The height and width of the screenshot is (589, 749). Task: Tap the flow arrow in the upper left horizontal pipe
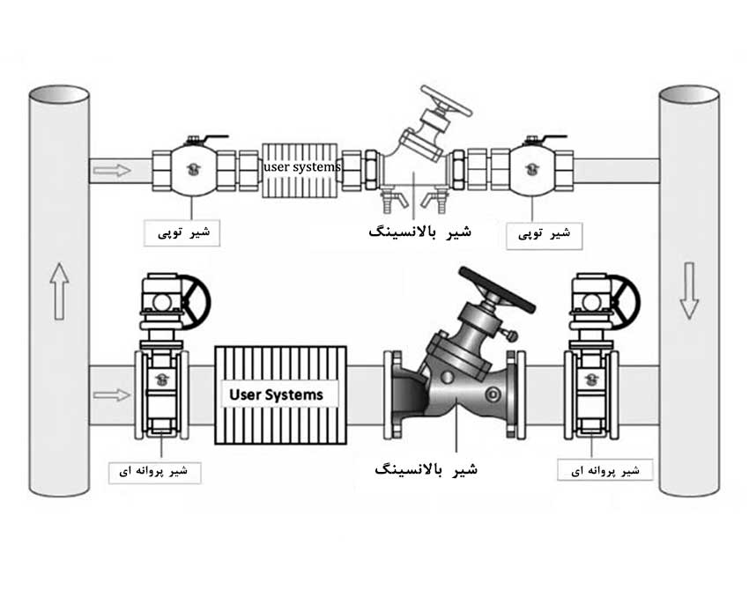111,169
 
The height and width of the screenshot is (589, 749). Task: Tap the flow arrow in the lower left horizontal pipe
111,394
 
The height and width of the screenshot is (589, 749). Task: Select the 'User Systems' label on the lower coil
276,394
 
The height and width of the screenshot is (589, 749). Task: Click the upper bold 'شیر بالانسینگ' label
419,232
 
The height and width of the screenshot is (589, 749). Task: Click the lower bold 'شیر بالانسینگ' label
426,468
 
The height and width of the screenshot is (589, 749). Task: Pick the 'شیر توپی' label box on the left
182,232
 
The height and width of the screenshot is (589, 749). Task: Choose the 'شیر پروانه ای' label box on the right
605,471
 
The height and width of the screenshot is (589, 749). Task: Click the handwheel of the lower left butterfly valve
194,300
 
